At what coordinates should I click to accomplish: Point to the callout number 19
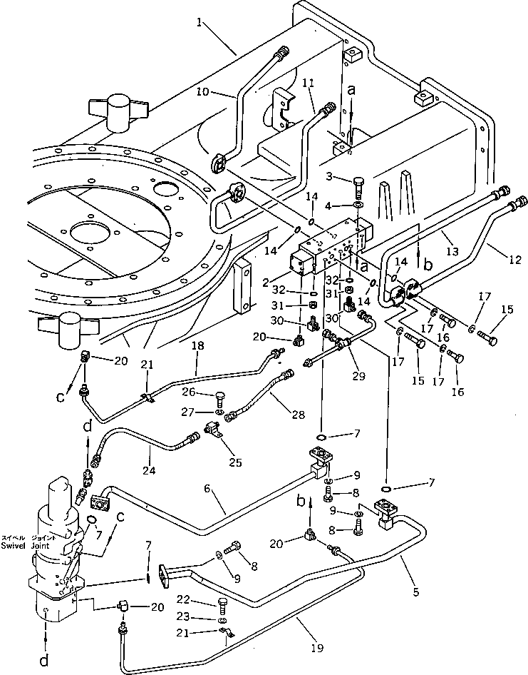(316, 649)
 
